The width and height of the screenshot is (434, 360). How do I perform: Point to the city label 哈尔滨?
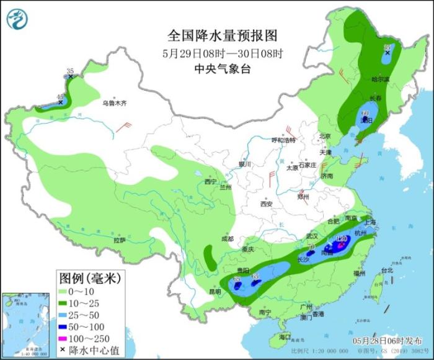[380, 79]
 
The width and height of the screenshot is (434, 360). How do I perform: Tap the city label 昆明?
[215, 291]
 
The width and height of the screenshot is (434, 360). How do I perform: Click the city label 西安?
[267, 204]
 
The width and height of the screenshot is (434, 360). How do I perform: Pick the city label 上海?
[372, 222]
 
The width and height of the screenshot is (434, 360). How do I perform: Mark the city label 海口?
[285, 337]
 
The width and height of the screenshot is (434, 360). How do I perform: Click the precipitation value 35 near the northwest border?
[70, 72]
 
